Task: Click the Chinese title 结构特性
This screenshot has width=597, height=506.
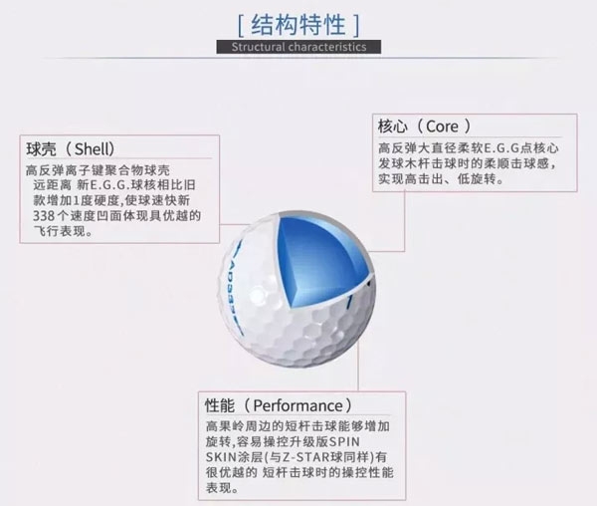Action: (x=298, y=25)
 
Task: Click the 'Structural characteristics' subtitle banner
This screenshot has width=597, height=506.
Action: (x=298, y=47)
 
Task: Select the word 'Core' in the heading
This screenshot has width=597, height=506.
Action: (x=442, y=126)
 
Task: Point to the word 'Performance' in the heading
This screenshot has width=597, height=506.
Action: (x=298, y=405)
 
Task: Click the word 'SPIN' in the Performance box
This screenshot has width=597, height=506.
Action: (x=344, y=441)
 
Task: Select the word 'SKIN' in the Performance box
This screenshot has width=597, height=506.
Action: (x=222, y=457)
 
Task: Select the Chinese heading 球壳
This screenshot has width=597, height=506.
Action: (x=41, y=149)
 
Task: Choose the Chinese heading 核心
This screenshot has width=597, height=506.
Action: (x=392, y=126)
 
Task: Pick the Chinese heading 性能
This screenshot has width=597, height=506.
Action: (x=220, y=405)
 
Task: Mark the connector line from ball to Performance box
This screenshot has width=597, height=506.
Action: (x=358, y=365)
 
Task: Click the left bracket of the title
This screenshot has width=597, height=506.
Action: (x=240, y=26)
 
